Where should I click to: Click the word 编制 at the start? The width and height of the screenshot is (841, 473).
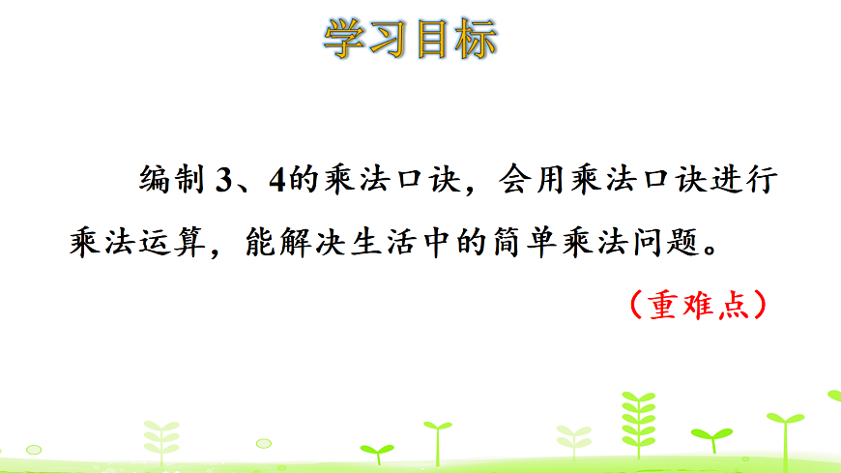(x=172, y=181)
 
